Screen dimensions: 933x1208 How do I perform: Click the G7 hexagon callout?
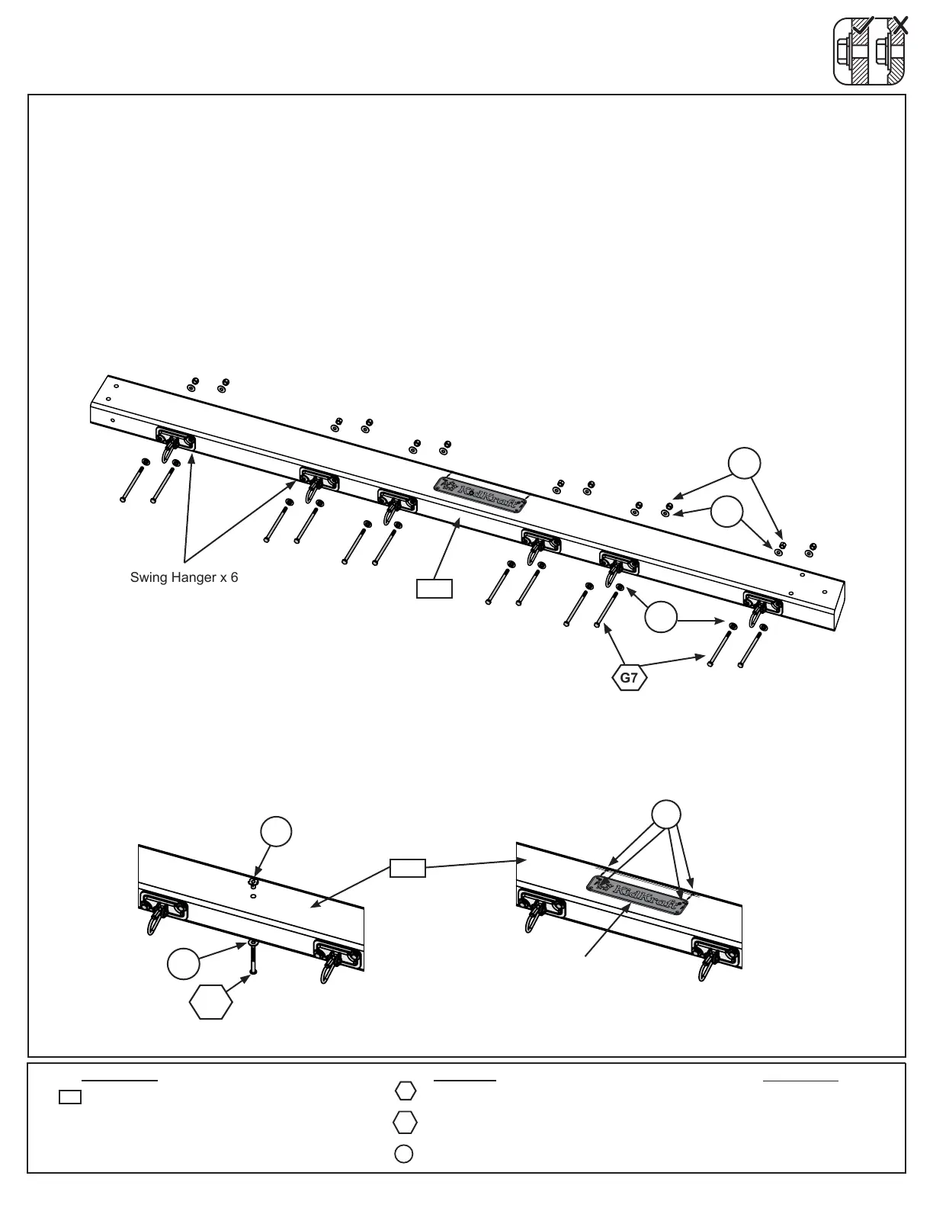629,677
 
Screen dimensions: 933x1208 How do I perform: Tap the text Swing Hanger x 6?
184,577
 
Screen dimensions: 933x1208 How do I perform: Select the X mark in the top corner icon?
900,26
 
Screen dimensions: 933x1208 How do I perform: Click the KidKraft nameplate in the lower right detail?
637,895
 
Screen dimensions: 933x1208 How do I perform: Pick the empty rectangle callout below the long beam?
434,589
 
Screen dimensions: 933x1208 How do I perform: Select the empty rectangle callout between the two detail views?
408,868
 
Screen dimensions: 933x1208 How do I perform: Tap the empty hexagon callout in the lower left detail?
211,1002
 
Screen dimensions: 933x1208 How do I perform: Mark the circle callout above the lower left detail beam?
276,830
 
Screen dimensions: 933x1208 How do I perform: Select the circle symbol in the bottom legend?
404,1154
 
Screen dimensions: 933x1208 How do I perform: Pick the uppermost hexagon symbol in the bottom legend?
406,1091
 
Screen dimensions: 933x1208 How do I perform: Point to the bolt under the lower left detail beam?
252,957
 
